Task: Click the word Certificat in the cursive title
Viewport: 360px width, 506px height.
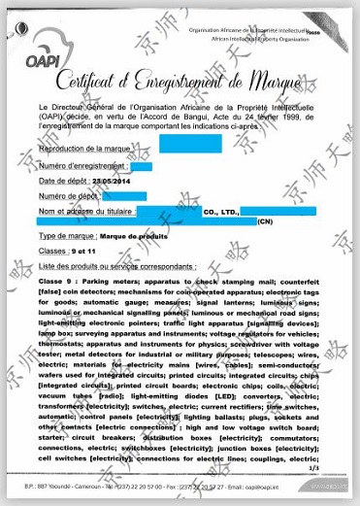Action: pos(97,83)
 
